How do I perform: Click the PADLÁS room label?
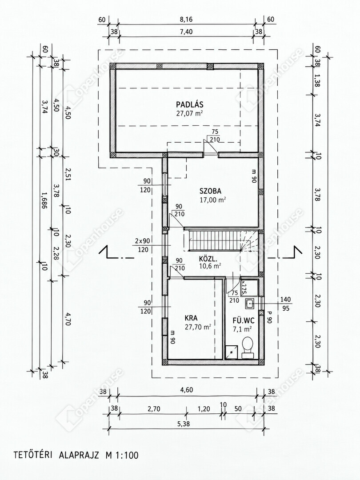[189, 104]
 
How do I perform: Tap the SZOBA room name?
[210, 191]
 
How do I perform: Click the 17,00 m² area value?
[212, 200]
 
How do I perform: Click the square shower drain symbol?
[231, 352]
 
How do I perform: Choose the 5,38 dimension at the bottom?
[185, 424]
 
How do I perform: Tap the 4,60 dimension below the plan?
[186, 390]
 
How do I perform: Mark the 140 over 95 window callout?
[285, 304]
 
